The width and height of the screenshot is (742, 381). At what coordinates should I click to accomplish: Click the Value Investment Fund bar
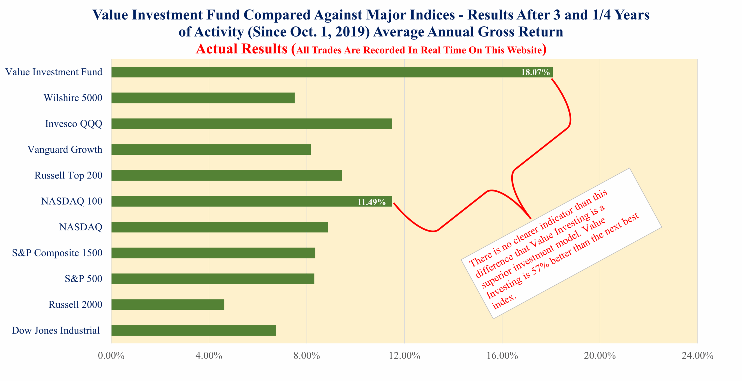(x=319, y=72)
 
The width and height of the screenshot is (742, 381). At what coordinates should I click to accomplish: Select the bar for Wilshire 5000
(x=203, y=98)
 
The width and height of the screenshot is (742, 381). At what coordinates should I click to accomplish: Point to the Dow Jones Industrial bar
(x=193, y=330)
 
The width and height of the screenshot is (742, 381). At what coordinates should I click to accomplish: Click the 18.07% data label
(x=535, y=72)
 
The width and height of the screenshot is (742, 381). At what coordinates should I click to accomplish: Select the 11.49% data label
(x=371, y=202)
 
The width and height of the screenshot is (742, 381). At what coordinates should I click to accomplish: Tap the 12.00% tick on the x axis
(x=404, y=356)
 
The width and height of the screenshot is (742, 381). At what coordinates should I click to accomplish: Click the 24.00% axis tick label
(x=697, y=356)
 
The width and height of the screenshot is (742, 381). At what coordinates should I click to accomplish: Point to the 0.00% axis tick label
(x=111, y=356)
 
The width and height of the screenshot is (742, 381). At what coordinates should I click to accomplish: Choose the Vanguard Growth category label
(x=65, y=150)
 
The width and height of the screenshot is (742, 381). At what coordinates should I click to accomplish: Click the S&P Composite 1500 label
(x=57, y=253)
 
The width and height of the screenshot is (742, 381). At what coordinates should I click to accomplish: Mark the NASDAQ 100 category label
(x=72, y=201)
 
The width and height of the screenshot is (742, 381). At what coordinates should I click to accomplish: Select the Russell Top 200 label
(x=68, y=175)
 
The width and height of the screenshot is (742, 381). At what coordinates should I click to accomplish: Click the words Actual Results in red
(x=241, y=49)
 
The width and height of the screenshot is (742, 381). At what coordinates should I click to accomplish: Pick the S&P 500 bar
(x=212, y=279)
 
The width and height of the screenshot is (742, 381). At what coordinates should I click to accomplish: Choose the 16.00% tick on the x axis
(x=502, y=356)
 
